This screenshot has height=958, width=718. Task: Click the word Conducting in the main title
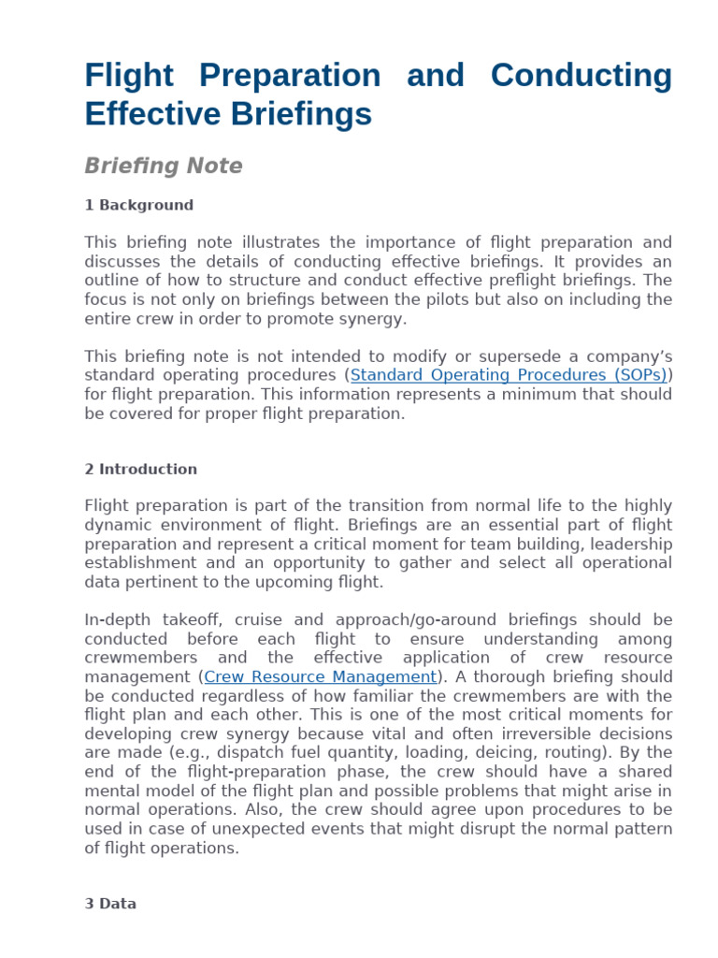(582, 76)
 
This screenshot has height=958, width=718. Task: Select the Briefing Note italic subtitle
(163, 167)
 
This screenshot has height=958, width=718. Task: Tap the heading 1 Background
(138, 206)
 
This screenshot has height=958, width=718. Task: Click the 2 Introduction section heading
(140, 470)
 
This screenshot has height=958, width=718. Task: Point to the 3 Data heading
(110, 905)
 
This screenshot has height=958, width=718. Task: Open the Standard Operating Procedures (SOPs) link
(509, 375)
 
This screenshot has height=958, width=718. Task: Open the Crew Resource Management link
(321, 676)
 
